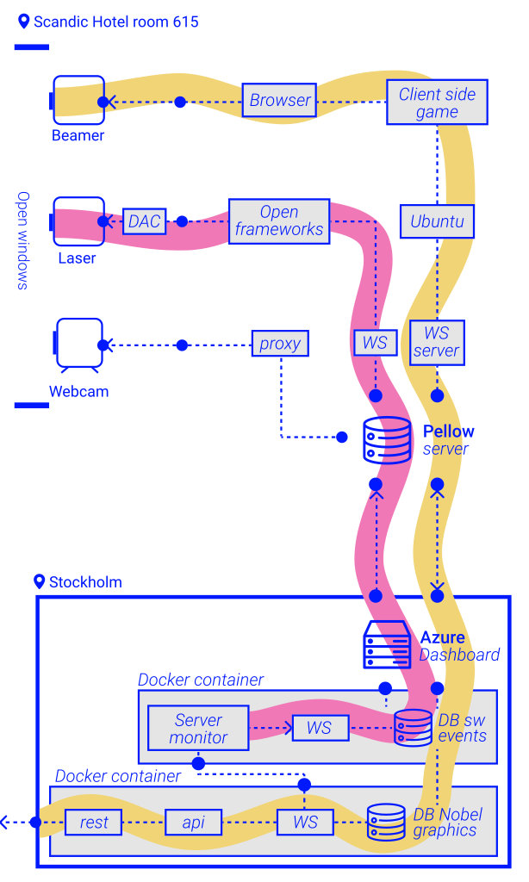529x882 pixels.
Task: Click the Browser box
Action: [279, 100]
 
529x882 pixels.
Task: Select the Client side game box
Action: [437, 102]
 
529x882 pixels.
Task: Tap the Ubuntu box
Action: [437, 221]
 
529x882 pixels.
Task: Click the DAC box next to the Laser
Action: [144, 221]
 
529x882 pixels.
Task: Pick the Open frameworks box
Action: [279, 221]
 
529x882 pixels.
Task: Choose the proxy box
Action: [280, 343]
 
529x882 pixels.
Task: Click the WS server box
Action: [437, 343]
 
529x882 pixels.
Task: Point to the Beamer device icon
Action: [78, 100]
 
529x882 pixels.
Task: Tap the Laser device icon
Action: [78, 221]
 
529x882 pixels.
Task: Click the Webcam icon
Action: [78, 345]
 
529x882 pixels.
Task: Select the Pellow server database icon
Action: [387, 440]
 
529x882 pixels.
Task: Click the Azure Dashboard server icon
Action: [387, 644]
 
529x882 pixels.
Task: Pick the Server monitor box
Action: [198, 728]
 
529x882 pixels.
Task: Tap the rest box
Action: [93, 823]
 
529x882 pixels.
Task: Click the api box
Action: [193, 823]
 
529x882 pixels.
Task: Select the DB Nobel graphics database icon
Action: [386, 823]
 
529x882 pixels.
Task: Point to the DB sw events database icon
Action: [413, 728]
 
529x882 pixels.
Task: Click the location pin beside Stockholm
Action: [40, 581]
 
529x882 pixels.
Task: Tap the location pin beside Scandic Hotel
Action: [23, 22]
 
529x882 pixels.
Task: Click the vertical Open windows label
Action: [22, 240]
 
